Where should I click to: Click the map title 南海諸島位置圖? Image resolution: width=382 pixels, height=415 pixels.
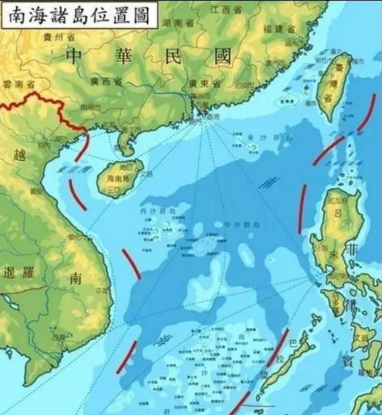coord(79,14)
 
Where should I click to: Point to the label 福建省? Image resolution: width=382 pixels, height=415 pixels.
coord(279,29)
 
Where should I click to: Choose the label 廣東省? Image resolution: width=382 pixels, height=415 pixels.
coord(200,83)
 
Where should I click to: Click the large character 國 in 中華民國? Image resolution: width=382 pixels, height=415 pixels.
coord(217,57)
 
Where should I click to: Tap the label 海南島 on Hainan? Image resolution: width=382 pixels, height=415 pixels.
coord(117,178)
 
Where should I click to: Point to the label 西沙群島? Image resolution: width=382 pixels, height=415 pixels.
coord(158,211)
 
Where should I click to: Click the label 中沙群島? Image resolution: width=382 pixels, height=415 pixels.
coord(241,224)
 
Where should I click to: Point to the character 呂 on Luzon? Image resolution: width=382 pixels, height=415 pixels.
coord(338,212)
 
